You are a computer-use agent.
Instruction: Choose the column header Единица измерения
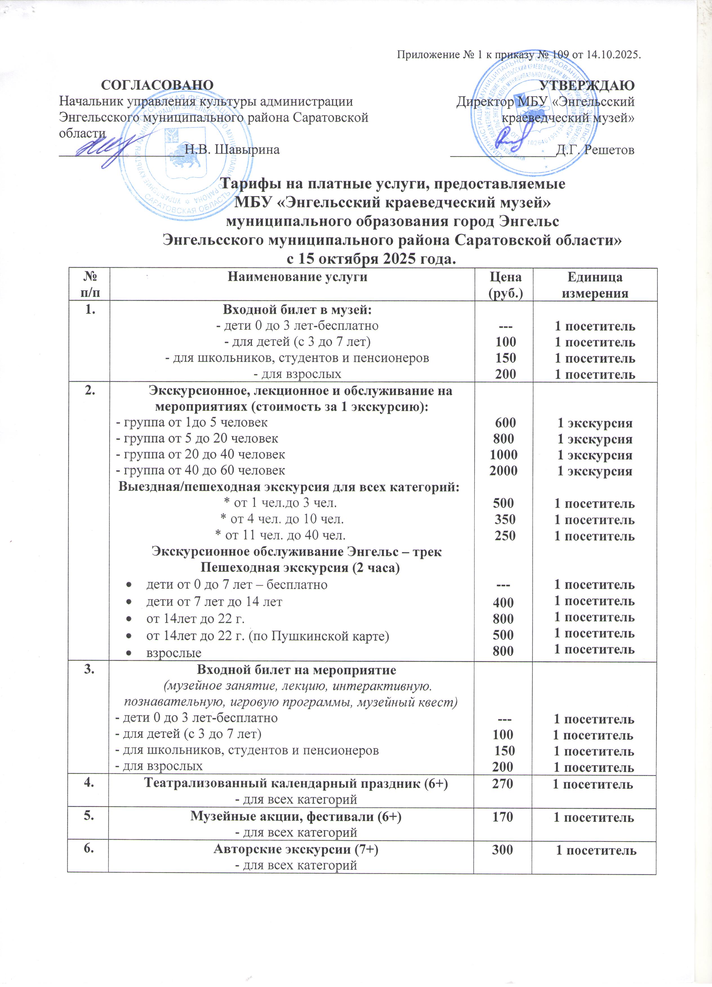[595, 285]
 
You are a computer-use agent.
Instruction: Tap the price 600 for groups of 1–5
[505, 422]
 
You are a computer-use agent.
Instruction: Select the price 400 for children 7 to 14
[503, 603]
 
